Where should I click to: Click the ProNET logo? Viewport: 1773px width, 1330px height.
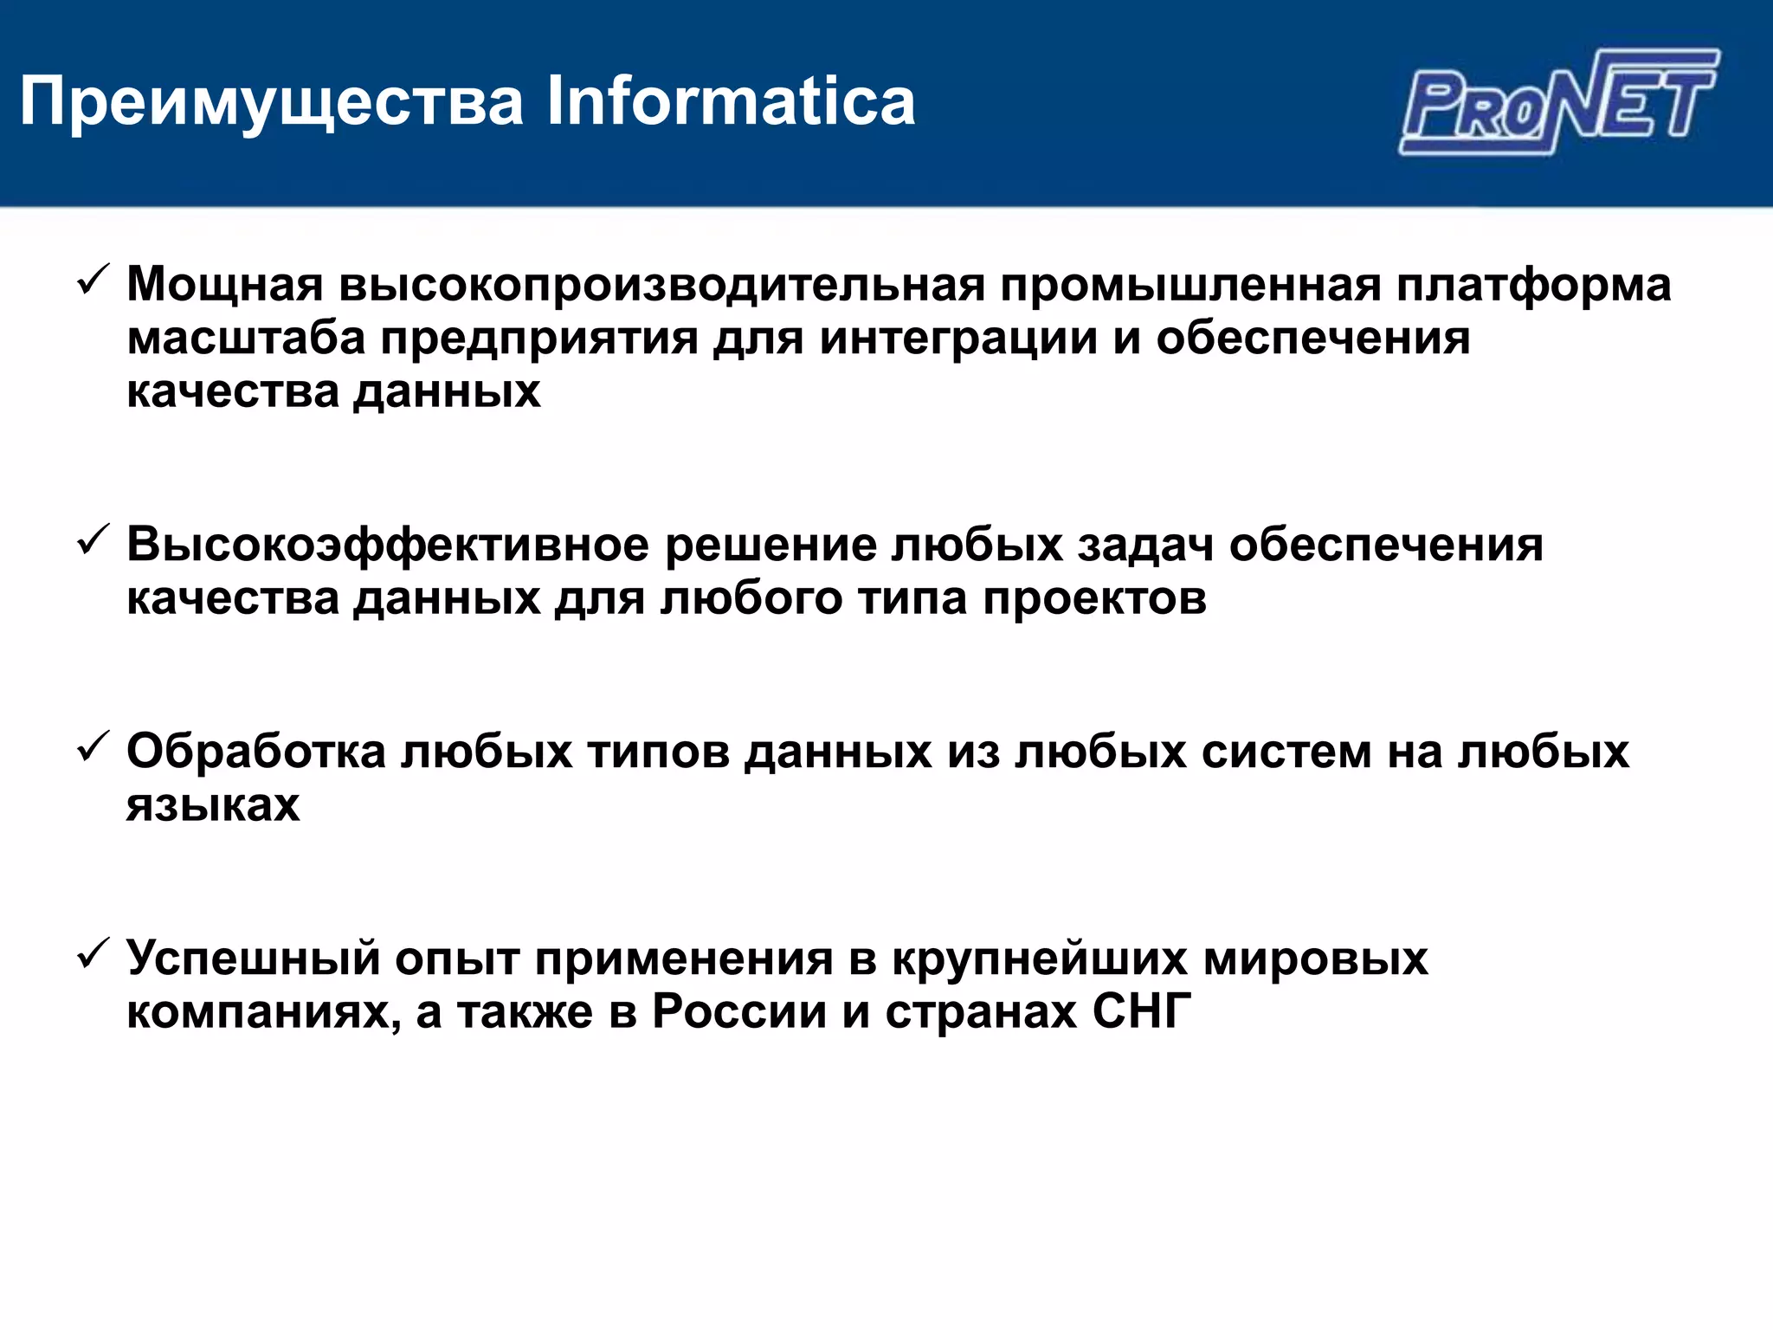coord(1558,102)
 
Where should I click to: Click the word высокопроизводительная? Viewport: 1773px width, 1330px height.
coord(662,285)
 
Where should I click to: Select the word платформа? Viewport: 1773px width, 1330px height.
coord(1533,285)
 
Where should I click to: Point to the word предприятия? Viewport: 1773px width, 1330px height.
coord(539,338)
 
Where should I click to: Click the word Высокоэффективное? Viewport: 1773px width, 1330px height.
coord(388,546)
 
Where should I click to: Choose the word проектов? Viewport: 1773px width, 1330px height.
coord(1094,598)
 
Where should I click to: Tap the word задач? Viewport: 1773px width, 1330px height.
coord(1145,546)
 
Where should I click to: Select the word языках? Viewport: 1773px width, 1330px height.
coord(213,804)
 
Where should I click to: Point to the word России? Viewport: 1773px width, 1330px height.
coord(739,1011)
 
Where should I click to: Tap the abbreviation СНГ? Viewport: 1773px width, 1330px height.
coord(1142,1011)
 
